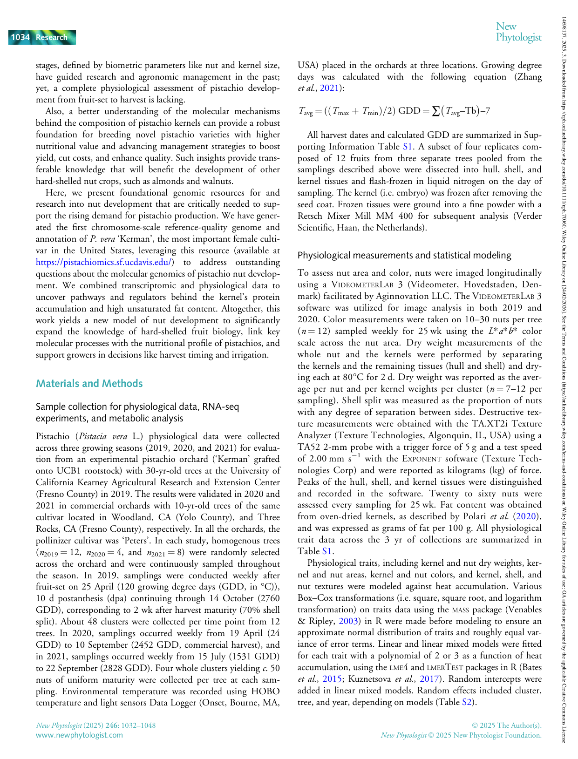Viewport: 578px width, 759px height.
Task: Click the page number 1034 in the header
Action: coord(20,37)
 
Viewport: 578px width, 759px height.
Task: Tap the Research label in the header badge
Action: coord(51,37)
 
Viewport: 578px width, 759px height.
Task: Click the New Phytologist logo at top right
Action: coord(518,32)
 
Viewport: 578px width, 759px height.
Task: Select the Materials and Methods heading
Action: coord(89,383)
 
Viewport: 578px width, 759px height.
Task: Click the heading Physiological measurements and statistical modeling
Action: coord(404,255)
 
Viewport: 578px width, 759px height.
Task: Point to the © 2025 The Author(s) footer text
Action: coord(507,725)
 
